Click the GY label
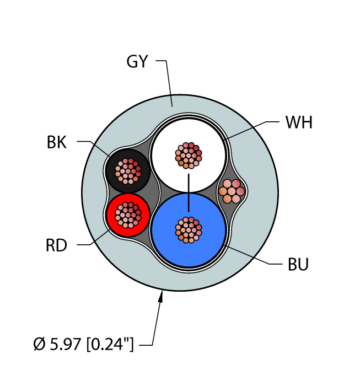click(x=137, y=61)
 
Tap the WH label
click(x=299, y=122)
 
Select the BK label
click(x=57, y=142)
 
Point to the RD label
click(x=56, y=245)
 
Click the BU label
click(x=298, y=264)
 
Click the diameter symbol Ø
click(x=39, y=344)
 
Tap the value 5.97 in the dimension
click(x=66, y=344)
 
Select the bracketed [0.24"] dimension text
click(x=110, y=344)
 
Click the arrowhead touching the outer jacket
click(x=161, y=296)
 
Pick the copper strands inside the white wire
click(x=189, y=156)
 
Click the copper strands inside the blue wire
click(x=189, y=230)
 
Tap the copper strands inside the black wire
click(x=128, y=171)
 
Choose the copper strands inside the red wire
click(x=128, y=215)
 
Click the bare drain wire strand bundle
click(x=232, y=191)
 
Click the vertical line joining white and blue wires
click(x=189, y=193)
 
